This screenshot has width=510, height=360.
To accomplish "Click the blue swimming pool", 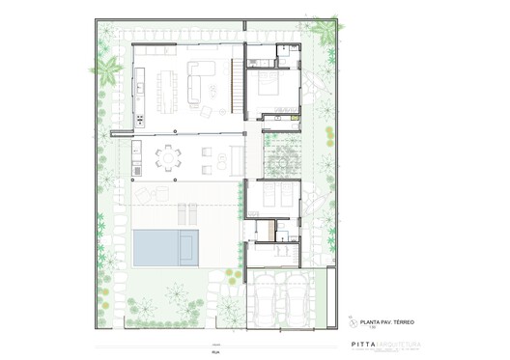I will [x=166, y=249].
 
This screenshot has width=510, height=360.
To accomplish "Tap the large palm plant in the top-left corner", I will [x=108, y=69].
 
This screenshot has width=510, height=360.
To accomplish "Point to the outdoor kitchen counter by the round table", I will [x=137, y=159].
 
